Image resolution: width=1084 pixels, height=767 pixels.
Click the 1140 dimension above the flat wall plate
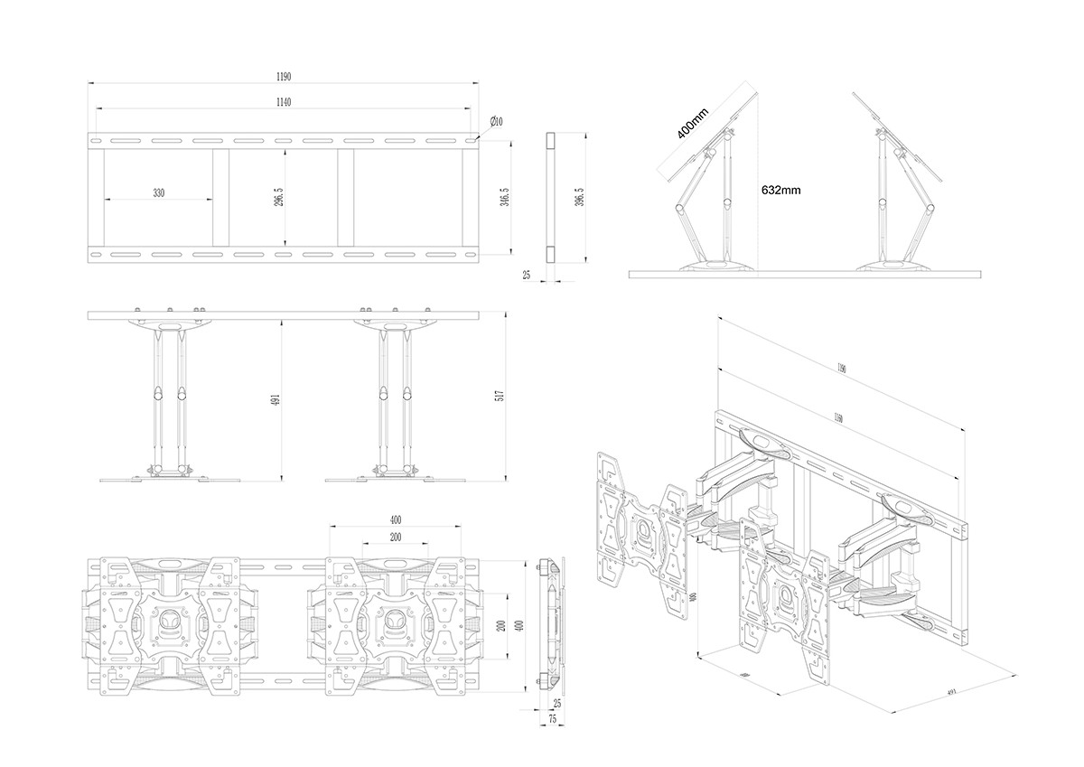click(283, 102)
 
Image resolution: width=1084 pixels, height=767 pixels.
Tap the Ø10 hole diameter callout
click(496, 121)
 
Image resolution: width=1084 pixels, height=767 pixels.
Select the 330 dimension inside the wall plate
click(158, 193)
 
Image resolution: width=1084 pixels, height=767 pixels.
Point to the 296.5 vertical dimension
click(279, 197)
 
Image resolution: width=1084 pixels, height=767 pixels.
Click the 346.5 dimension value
click(504, 197)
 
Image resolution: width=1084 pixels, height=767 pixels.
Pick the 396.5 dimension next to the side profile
click(578, 197)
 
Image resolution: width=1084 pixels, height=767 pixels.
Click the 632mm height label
click(780, 191)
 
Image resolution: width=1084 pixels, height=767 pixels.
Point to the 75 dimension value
click(552, 719)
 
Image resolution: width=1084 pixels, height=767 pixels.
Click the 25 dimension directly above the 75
click(556, 702)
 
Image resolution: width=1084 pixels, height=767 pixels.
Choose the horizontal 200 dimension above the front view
click(396, 537)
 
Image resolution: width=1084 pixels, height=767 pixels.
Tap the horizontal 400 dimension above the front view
click(396, 519)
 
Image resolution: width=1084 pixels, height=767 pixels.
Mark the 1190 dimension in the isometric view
click(841, 368)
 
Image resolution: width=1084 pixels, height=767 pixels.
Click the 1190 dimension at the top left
click(283, 77)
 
